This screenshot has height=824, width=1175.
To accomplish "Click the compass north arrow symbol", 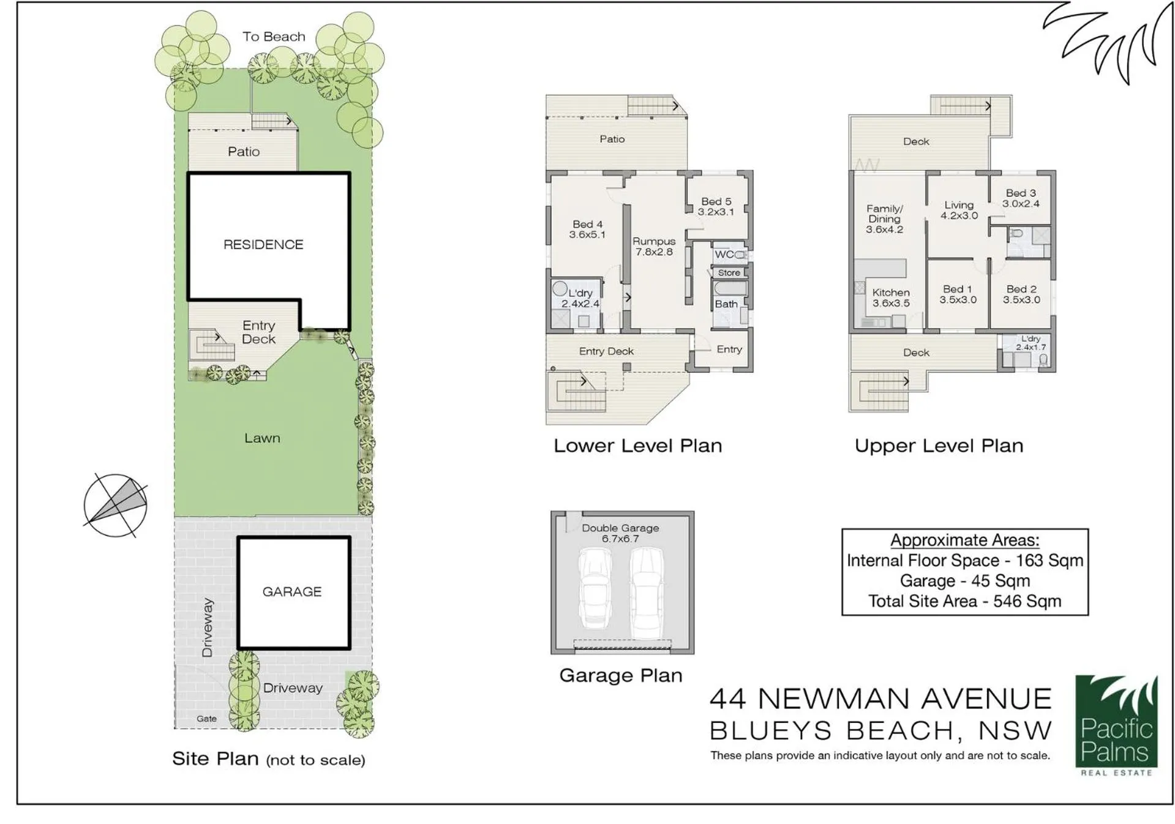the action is point(115,506).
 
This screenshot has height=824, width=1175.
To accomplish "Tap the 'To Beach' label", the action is point(274,37).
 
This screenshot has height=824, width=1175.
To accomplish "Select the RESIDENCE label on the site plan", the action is point(263,245).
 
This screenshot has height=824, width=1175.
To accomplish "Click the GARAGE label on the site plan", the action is point(292,592).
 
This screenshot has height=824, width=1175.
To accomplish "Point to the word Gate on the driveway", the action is point(206,719).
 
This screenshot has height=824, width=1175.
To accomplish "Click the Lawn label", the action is point(262,438).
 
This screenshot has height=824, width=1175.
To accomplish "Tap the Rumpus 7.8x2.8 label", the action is point(654,247).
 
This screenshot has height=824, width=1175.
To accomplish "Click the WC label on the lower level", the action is point(724,255).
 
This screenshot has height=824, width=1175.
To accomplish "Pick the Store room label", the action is point(729,273).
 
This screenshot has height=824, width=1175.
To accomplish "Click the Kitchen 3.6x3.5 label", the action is point(891,298).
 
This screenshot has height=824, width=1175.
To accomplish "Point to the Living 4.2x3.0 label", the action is point(959,211).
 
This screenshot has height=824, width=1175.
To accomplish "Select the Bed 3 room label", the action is point(1021,198).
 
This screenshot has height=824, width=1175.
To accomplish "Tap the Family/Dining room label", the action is point(884,219).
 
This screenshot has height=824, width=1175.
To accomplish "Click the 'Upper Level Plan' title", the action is point(939,446).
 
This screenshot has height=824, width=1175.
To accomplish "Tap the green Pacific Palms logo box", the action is point(1116,722).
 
